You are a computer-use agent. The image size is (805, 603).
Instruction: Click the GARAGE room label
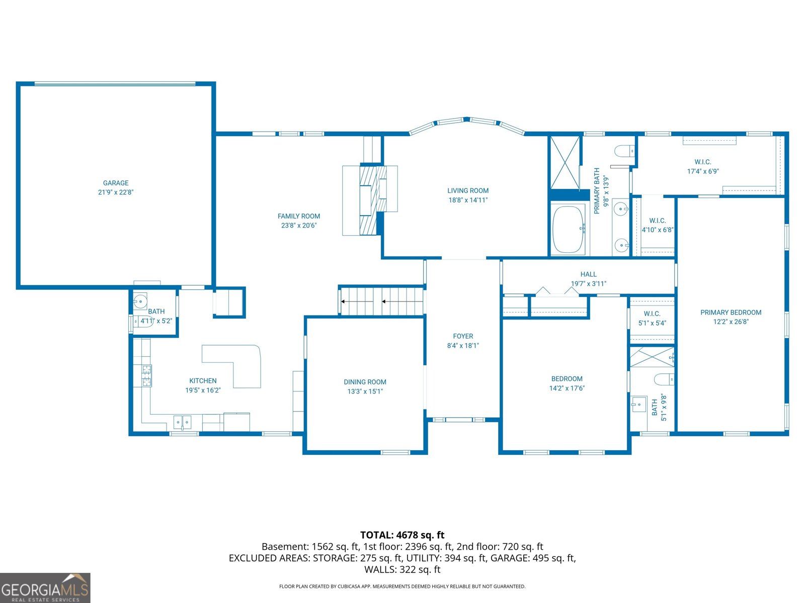point(116,183)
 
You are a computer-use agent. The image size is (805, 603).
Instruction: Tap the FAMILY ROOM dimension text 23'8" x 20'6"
point(299,226)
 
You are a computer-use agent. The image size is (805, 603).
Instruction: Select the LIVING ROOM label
point(468,190)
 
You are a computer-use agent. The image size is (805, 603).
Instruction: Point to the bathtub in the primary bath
point(568,229)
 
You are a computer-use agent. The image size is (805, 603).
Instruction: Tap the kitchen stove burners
point(146,375)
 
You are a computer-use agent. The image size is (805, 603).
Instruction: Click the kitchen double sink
point(182,422)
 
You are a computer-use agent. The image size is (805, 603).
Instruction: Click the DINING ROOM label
point(365,382)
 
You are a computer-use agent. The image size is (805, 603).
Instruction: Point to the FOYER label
point(463,336)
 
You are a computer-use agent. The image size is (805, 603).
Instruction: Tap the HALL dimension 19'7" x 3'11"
point(588,283)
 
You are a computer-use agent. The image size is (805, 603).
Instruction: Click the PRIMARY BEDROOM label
point(731,312)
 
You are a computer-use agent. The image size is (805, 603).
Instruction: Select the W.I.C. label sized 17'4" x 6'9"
point(702,162)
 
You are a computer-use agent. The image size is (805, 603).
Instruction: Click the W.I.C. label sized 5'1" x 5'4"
point(652,314)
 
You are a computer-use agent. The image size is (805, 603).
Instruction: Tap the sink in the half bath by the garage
point(140,302)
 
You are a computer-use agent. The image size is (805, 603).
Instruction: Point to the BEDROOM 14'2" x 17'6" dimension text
point(567,388)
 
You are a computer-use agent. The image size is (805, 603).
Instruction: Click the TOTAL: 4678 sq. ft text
point(402,535)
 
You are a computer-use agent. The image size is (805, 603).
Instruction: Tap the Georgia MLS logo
point(45,588)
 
